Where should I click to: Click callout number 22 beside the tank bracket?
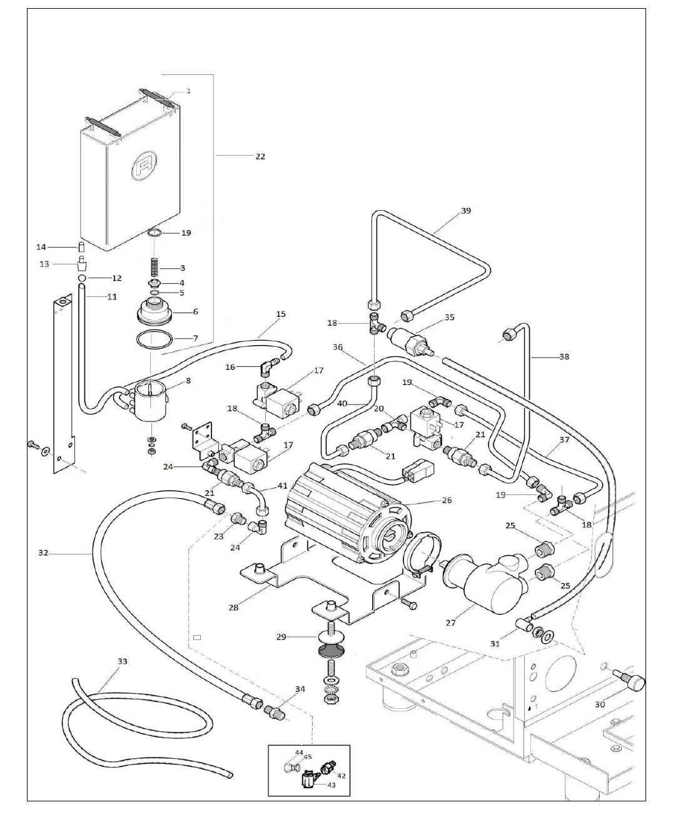[260, 156]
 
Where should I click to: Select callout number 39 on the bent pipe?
[465, 211]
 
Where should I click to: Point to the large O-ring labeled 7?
[154, 341]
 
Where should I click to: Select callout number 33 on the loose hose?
[123, 661]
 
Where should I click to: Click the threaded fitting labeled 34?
[276, 711]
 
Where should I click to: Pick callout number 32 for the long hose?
[43, 553]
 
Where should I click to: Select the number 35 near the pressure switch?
[450, 317]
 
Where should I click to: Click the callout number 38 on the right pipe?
[564, 357]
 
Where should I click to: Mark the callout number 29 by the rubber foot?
[281, 636]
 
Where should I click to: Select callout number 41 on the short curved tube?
[282, 486]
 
